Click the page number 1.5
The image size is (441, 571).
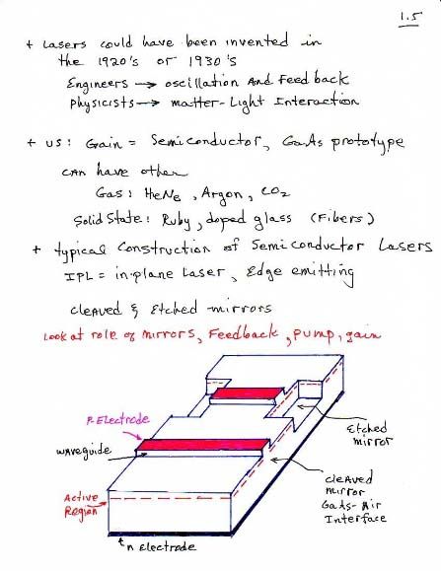(x=410, y=19)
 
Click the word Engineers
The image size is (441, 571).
(x=98, y=85)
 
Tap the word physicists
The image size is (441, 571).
(x=103, y=104)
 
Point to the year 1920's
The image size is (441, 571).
(x=118, y=61)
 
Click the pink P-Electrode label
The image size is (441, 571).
(x=118, y=420)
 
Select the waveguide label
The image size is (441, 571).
(x=84, y=452)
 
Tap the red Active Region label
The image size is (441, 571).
(x=82, y=505)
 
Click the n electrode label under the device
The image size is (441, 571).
(x=161, y=546)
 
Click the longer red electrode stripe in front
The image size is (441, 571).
(x=203, y=445)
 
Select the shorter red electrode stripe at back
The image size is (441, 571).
(x=248, y=393)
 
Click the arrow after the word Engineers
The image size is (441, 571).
(x=146, y=85)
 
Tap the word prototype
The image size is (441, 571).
(x=368, y=143)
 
